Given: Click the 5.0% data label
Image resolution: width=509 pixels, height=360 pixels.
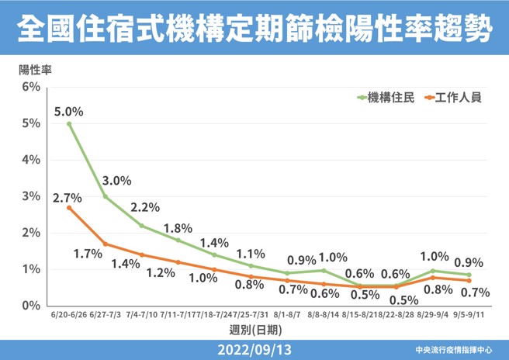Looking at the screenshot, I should tap(68, 111).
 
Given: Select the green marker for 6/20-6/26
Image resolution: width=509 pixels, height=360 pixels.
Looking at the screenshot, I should tap(69, 123).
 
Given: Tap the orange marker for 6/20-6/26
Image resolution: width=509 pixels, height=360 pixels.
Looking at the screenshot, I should tap(69, 208).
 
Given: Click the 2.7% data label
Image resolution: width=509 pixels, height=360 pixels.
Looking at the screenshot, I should tap(68, 198).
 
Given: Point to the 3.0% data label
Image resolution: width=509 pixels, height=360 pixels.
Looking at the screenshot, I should tap(116, 181).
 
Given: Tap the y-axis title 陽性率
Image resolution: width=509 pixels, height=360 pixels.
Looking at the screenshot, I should tap(34, 68).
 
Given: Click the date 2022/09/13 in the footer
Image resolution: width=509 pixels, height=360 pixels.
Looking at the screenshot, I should tap(254, 349).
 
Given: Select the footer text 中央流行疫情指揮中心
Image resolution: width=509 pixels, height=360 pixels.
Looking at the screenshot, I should tap(459, 350).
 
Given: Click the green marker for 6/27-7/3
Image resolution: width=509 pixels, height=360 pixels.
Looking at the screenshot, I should tap(106, 196).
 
